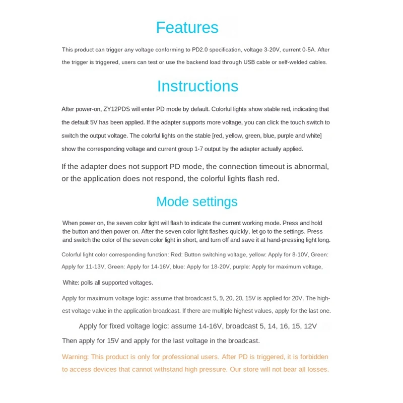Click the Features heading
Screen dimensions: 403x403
point(187,27)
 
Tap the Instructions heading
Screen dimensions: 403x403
point(197,86)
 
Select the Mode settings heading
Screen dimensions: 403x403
point(196,201)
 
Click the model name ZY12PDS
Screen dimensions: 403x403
point(117,109)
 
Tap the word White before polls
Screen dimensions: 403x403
point(72,283)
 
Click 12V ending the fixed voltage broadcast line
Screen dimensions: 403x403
point(308,326)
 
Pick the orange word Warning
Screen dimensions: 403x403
point(75,357)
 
